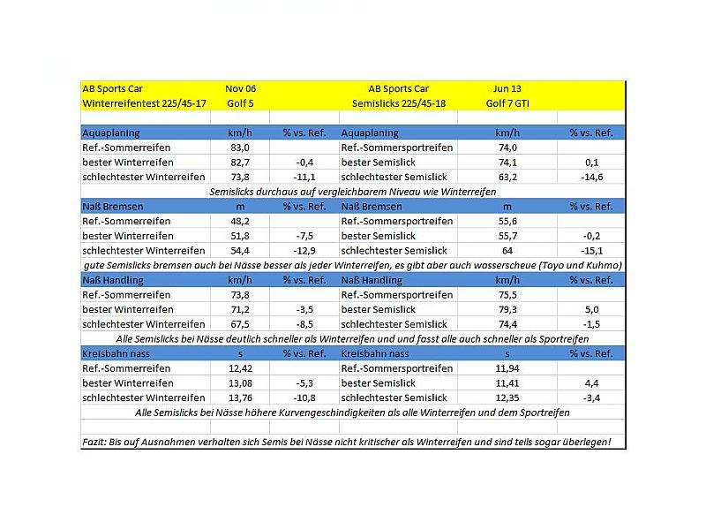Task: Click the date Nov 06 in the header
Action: coord(240,88)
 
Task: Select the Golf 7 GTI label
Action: coord(507,102)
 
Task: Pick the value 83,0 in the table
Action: coord(240,148)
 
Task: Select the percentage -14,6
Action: coord(590,177)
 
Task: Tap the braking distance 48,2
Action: coord(240,221)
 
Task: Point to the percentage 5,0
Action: coord(590,309)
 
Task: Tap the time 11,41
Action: coord(507,382)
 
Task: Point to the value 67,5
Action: coord(240,323)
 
